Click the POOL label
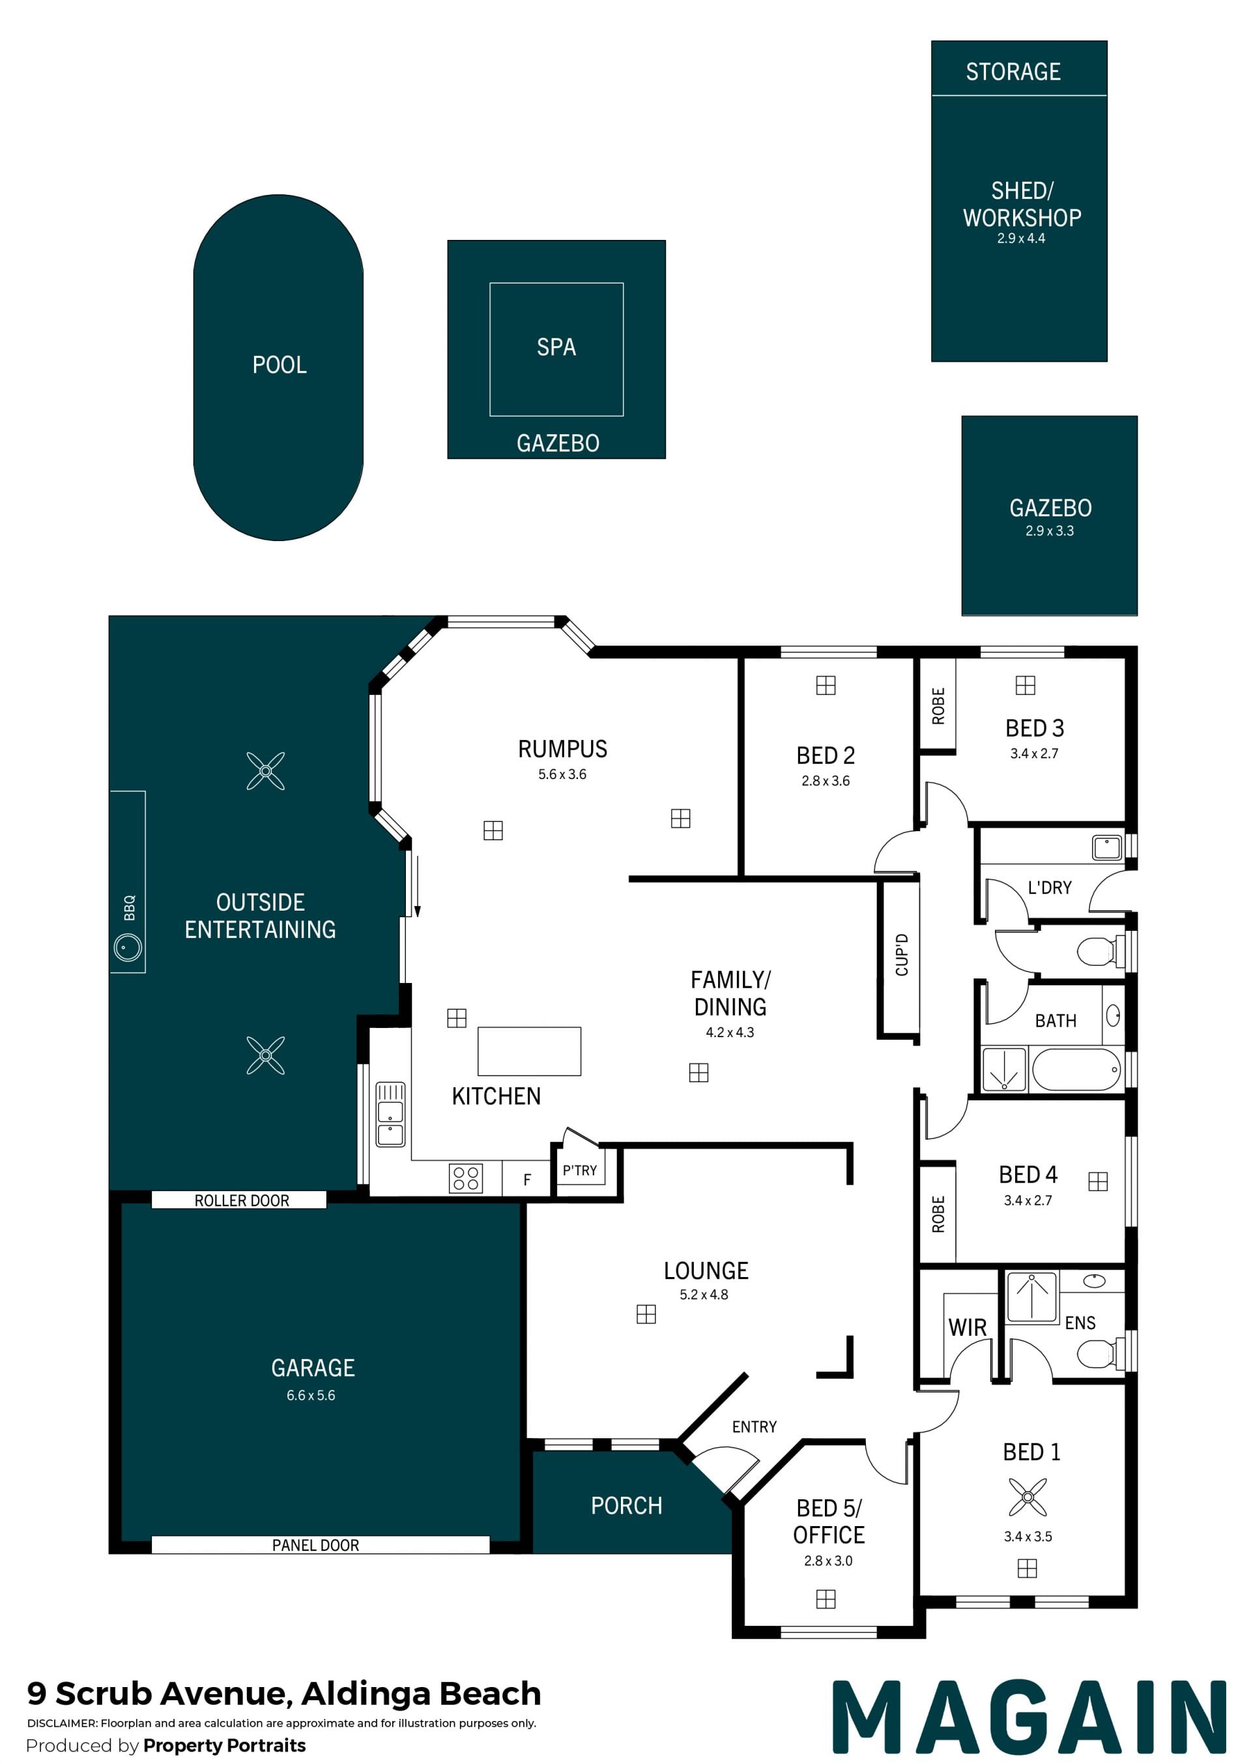[280, 364]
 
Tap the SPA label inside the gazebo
[556, 347]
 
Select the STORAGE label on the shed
[1013, 72]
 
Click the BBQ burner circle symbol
[128, 947]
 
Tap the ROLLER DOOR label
[242, 1200]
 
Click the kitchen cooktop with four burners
[465, 1177]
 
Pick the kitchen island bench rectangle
[529, 1050]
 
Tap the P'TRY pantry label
[579, 1170]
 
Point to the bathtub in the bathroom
[1076, 1069]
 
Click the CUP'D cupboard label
[902, 955]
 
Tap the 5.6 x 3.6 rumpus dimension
[562, 774]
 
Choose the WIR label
[968, 1327]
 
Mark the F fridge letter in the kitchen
[527, 1179]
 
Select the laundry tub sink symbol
[1107, 847]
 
